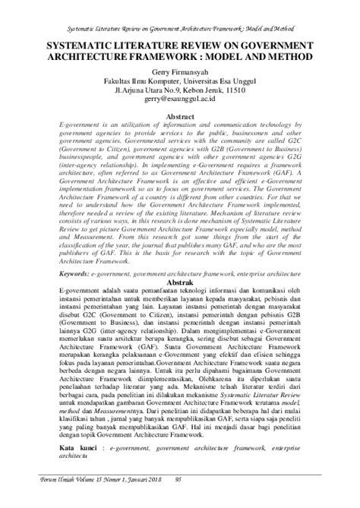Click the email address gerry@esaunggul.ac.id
click(x=179, y=99)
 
